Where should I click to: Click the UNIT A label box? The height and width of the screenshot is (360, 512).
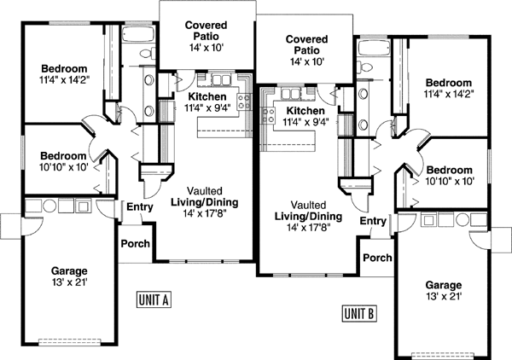154,299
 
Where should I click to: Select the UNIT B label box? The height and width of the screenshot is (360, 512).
358,312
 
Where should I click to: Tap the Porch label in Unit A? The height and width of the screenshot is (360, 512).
135,244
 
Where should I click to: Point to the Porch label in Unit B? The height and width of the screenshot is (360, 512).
377,258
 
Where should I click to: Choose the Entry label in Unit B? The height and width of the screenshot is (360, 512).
373,221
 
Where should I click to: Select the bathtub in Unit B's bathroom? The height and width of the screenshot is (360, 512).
373,44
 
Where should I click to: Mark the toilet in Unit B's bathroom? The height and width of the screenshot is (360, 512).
365,66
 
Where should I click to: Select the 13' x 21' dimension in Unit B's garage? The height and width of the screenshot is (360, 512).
443,296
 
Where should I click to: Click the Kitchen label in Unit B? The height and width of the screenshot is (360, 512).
305,111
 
